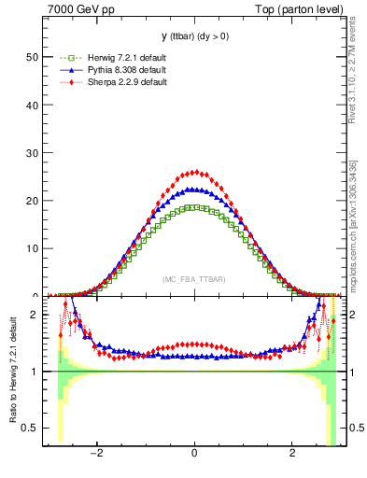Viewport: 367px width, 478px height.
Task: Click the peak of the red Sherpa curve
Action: click(194, 172)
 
